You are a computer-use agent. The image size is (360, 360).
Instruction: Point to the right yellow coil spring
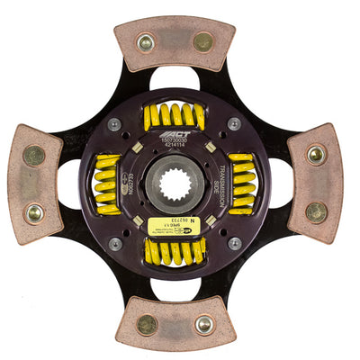[x=241, y=184]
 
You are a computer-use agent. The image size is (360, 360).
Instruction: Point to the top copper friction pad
[x=175, y=42]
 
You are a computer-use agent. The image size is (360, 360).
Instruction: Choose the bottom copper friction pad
[x=176, y=323]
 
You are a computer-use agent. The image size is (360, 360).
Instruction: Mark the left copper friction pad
[x=35, y=184]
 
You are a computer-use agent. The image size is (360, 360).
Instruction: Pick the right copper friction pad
[x=315, y=184]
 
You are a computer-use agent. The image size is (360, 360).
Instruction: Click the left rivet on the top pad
[x=146, y=41]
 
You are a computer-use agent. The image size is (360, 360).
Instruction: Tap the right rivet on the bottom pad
[x=205, y=324]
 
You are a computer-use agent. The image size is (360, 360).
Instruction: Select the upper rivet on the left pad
[x=34, y=155]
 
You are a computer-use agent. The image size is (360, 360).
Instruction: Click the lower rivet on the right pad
[x=316, y=212]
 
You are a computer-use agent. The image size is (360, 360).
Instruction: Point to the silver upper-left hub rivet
[x=115, y=124]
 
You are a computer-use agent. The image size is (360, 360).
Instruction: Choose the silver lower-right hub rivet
[x=235, y=244]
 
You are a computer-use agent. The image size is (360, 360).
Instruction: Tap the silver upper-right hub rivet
[x=235, y=124]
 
